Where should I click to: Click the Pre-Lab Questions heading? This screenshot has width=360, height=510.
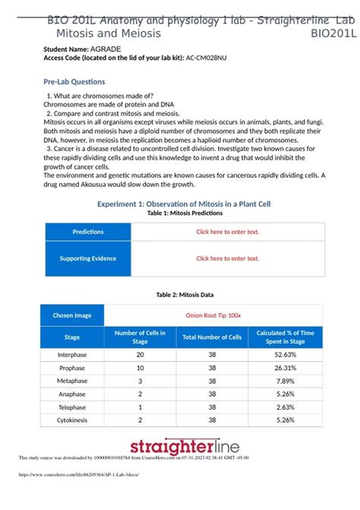click(74, 81)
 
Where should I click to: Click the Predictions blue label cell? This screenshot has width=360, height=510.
click(87, 232)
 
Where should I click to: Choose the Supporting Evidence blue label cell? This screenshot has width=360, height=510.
click(87, 258)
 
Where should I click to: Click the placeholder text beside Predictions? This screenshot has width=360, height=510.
click(228, 232)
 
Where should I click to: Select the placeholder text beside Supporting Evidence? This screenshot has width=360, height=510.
click(228, 258)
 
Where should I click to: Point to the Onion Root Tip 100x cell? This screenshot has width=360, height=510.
click(213, 315)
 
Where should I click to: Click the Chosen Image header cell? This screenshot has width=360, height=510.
click(72, 315)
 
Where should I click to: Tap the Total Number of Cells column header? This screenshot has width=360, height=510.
click(212, 337)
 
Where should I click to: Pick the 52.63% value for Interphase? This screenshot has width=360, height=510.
click(285, 354)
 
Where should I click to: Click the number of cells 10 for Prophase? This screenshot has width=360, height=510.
click(140, 368)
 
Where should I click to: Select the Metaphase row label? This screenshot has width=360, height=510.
click(72, 381)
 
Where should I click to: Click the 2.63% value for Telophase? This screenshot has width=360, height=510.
click(285, 407)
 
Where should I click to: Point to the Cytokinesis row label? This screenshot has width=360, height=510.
click(72, 420)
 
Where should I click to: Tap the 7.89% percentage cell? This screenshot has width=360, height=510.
click(285, 381)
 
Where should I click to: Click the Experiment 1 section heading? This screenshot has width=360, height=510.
click(184, 204)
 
